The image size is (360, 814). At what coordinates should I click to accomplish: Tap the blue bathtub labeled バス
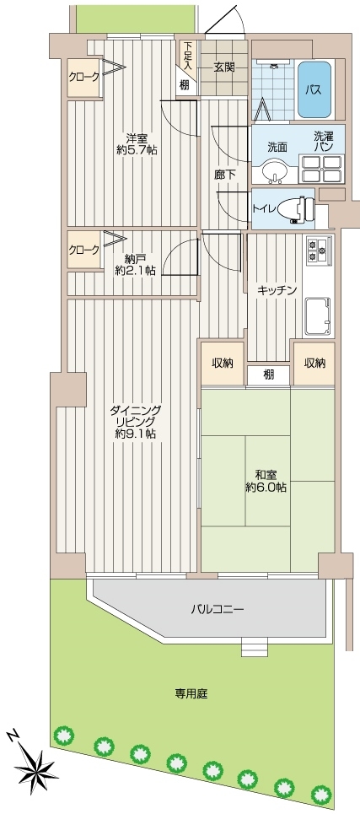pyautogui.click(x=314, y=89)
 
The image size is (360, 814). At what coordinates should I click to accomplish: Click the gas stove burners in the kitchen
pyautogui.click(x=319, y=251)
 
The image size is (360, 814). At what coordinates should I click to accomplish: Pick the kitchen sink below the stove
pyautogui.click(x=319, y=316)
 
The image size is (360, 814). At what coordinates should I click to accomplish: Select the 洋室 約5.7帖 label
pyautogui.click(x=137, y=144)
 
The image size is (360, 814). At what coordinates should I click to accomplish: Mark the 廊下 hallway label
pyautogui.click(x=225, y=175)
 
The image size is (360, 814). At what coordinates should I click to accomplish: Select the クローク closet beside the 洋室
pyautogui.click(x=83, y=77)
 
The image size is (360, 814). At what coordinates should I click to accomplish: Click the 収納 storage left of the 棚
pyautogui.click(x=222, y=363)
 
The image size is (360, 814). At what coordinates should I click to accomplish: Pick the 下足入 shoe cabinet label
pyautogui.click(x=187, y=56)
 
